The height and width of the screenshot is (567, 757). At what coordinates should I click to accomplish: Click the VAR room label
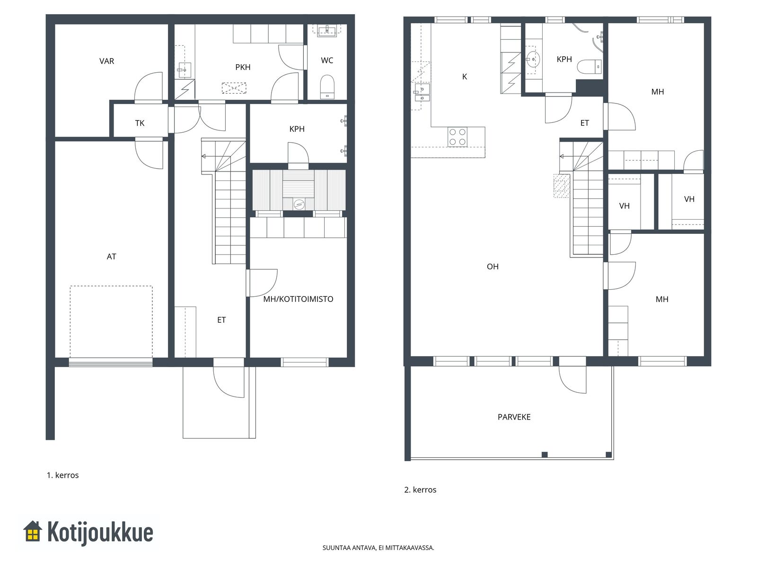[x=106, y=61]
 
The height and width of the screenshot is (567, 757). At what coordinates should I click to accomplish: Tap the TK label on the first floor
[x=140, y=123]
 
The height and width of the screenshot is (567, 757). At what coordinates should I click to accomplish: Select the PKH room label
[x=243, y=67]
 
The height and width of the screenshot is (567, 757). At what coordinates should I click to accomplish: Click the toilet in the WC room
[x=327, y=87]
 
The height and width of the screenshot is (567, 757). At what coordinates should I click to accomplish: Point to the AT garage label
[x=111, y=257]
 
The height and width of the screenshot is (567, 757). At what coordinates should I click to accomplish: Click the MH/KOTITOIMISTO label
[x=299, y=299]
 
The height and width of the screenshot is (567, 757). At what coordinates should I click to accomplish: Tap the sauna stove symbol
[x=299, y=204]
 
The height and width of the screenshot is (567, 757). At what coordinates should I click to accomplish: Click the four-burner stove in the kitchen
[x=458, y=137]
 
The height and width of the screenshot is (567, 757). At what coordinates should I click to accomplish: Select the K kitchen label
[x=465, y=77]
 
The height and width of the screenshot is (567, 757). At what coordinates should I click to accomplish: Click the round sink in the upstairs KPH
[x=533, y=59]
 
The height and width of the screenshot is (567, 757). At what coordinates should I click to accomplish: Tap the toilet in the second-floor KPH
[x=590, y=67]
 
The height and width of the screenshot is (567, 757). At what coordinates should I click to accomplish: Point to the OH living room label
[x=493, y=266]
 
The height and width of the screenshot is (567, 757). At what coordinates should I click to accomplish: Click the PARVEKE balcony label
[x=514, y=417]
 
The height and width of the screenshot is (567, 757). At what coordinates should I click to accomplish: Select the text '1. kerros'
[x=63, y=475]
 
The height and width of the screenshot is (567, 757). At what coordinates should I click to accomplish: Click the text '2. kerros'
[x=420, y=490]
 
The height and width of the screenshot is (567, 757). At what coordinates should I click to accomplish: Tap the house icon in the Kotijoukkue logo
[x=33, y=532]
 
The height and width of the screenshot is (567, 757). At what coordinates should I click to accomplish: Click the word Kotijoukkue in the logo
[x=100, y=533]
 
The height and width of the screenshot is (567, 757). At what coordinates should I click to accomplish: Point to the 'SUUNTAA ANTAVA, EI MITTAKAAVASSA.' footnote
[x=378, y=548]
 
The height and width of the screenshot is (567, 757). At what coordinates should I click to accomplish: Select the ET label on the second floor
[x=585, y=123]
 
